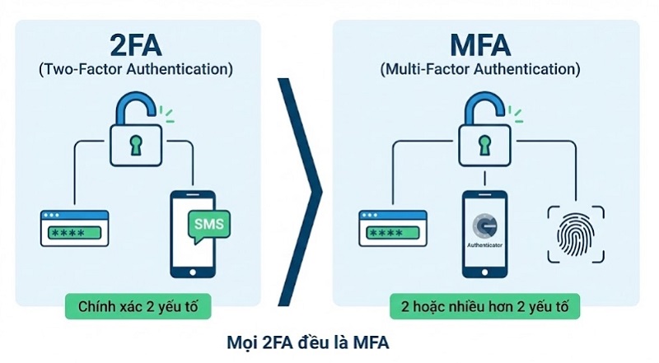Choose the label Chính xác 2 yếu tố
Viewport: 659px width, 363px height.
[x=136, y=309]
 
